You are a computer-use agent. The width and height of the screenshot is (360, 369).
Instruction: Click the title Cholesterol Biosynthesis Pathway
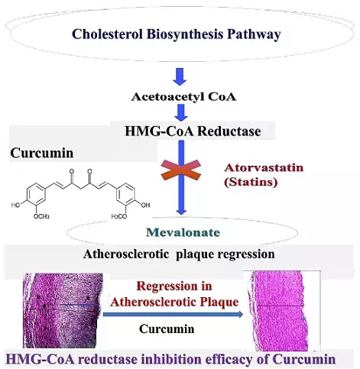[x=180, y=34]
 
